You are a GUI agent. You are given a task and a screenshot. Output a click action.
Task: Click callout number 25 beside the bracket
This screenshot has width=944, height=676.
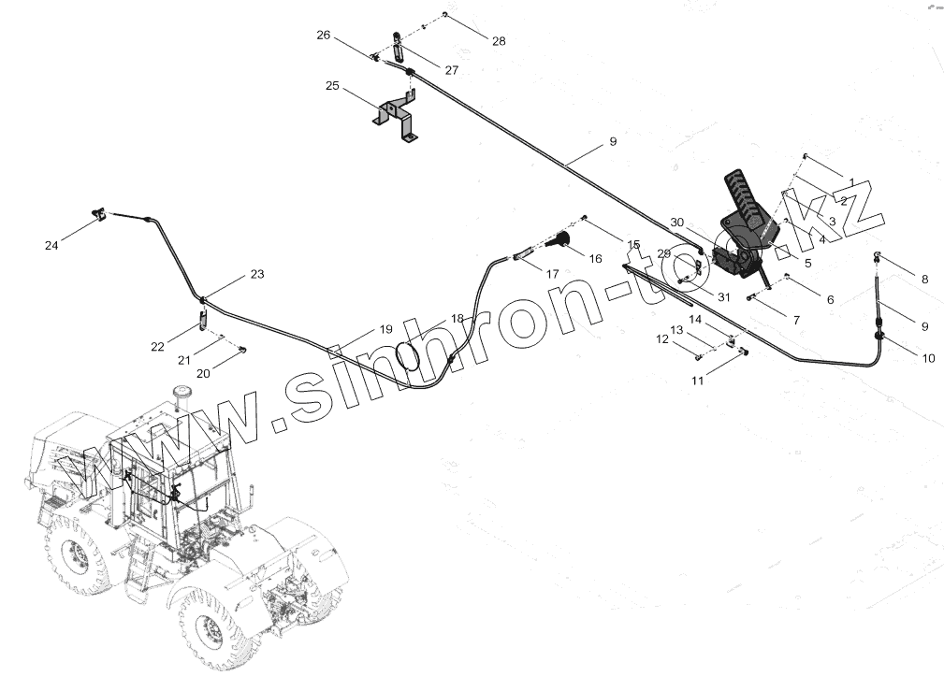click(x=332, y=86)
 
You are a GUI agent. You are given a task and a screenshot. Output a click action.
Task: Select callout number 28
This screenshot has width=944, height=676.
click(x=499, y=41)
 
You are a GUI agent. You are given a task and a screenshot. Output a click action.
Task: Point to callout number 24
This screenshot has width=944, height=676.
click(x=51, y=245)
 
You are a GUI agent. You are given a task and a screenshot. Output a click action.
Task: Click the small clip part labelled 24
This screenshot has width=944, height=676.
click(x=99, y=217)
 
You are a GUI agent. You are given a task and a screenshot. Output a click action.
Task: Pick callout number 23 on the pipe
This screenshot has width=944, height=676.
click(x=256, y=274)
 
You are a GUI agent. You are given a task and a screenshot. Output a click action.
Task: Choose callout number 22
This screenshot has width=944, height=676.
click(x=157, y=347)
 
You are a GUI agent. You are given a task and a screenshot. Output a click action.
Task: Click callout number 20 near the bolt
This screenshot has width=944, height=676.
click(x=203, y=373)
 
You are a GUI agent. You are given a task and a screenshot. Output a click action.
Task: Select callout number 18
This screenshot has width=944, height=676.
click(x=457, y=318)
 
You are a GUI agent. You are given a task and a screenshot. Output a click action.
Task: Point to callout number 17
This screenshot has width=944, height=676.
click(x=553, y=275)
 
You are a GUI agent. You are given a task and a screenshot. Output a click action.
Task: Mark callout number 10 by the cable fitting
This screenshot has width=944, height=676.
click(x=928, y=358)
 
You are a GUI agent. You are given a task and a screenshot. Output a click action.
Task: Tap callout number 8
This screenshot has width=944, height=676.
click(x=924, y=279)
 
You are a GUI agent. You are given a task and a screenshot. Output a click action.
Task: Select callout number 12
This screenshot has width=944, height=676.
click(x=662, y=340)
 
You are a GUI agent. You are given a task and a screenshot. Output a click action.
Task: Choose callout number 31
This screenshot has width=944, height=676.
click(x=723, y=297)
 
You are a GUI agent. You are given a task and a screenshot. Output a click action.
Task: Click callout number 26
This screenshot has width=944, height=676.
click(x=324, y=36)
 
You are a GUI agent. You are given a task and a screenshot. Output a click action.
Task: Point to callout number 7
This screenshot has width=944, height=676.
click(x=795, y=320)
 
